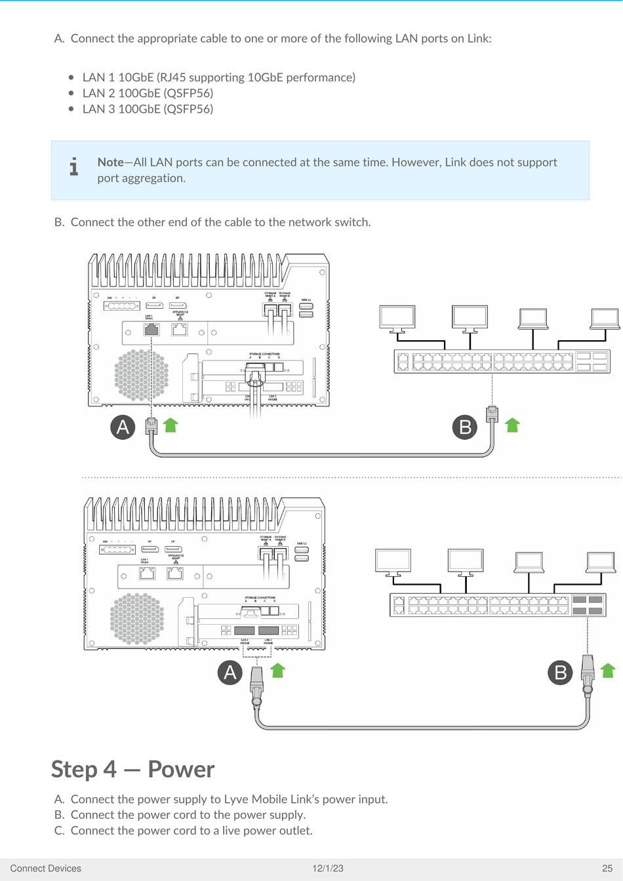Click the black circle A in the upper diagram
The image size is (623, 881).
[x=123, y=427]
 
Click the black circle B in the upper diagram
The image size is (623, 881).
[x=465, y=427]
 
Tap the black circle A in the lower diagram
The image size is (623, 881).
[x=230, y=673]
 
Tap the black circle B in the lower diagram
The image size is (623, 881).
[x=561, y=673]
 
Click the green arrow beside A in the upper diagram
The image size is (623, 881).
[x=171, y=425]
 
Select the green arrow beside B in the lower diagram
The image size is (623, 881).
[x=608, y=670]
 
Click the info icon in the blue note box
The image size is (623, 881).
[x=74, y=167]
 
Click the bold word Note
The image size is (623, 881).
[x=110, y=163]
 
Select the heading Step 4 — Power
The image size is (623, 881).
[x=133, y=770]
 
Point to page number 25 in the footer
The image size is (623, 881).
[x=607, y=869]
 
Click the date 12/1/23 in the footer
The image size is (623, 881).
[x=328, y=869]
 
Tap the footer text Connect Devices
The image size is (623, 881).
[x=46, y=869]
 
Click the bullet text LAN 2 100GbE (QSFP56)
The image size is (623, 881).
[x=148, y=93]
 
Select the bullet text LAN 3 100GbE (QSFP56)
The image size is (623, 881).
[x=148, y=109]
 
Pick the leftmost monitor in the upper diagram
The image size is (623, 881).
[x=397, y=319]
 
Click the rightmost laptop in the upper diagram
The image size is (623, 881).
[x=605, y=319]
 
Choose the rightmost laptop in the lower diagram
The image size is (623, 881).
[x=601, y=563]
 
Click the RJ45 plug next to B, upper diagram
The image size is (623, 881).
[x=492, y=416]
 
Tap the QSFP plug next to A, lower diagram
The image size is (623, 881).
[x=256, y=684]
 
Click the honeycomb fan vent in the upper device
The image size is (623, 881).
[x=141, y=374]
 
